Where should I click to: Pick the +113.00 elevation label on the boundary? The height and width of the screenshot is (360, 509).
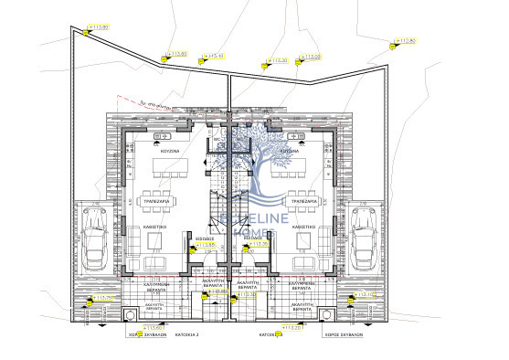312,57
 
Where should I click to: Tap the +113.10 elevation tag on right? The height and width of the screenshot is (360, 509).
365,295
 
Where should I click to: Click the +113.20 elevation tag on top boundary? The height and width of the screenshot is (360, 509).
276,61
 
